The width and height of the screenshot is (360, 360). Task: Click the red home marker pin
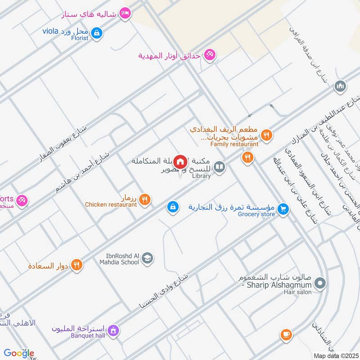(180, 161)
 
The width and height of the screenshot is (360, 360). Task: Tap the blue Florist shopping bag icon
(97, 33)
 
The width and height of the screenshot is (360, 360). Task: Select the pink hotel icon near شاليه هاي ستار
(126, 13)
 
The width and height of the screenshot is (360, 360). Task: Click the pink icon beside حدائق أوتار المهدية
(209, 55)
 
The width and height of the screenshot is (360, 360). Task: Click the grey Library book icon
(219, 167)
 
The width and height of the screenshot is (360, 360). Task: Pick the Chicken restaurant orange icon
(145, 199)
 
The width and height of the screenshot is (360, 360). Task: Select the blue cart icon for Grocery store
(283, 208)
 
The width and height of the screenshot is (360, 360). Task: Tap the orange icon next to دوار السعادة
(77, 265)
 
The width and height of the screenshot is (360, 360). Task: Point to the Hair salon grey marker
(320, 283)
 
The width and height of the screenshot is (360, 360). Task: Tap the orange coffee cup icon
(286, 334)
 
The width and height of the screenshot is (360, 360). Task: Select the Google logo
(19, 353)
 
